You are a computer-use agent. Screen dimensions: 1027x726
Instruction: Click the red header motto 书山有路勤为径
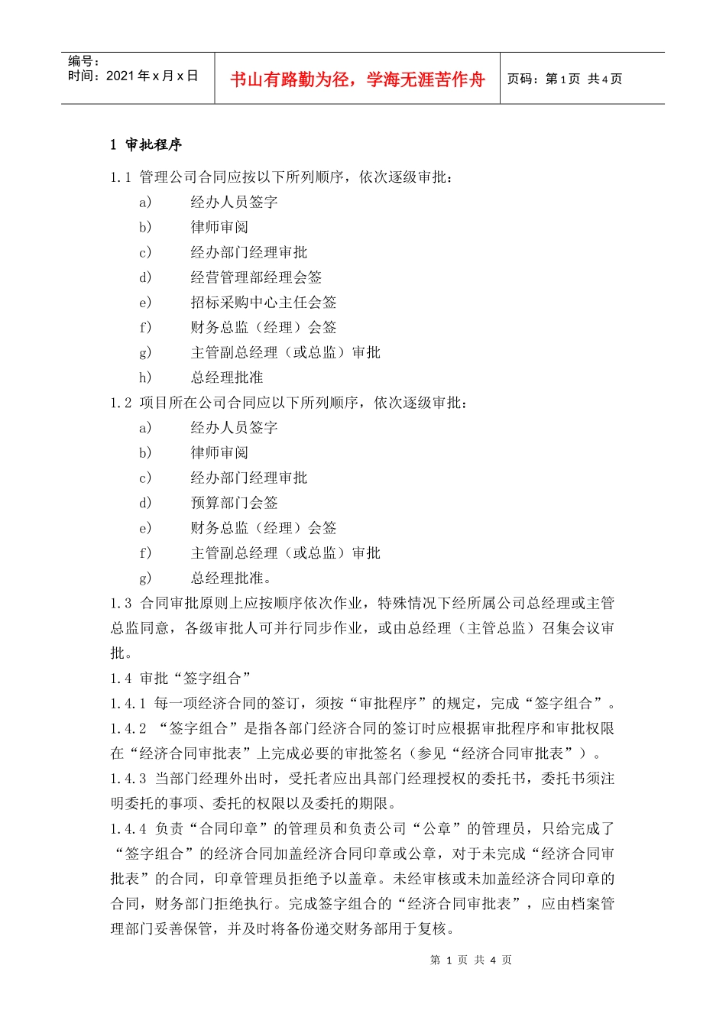(x=357, y=79)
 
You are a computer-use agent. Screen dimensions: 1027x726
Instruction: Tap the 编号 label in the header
(x=83, y=61)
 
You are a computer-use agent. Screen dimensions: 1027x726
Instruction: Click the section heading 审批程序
(x=154, y=144)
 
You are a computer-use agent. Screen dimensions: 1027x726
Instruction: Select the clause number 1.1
(x=120, y=177)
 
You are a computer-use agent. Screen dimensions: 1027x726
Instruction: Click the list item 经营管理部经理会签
(x=256, y=277)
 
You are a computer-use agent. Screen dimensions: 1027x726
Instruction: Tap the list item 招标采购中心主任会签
(x=263, y=303)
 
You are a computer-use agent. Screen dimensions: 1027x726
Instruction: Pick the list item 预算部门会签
(x=234, y=503)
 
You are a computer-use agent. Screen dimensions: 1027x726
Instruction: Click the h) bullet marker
(x=145, y=377)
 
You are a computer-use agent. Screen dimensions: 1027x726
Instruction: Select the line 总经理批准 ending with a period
(x=231, y=578)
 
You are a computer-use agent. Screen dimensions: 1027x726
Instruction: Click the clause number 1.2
(x=120, y=403)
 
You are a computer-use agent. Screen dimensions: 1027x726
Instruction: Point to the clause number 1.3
(x=120, y=604)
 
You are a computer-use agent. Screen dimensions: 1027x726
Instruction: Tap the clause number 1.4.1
(x=128, y=704)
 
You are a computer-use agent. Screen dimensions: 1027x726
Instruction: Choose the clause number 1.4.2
(x=128, y=729)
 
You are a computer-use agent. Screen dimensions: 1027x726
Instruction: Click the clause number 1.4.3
(x=128, y=779)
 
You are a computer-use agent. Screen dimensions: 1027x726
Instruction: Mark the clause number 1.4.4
(x=128, y=829)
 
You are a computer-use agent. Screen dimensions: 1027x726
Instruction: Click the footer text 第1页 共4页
(x=471, y=960)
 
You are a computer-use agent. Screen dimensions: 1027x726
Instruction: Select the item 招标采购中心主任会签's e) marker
(x=145, y=303)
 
